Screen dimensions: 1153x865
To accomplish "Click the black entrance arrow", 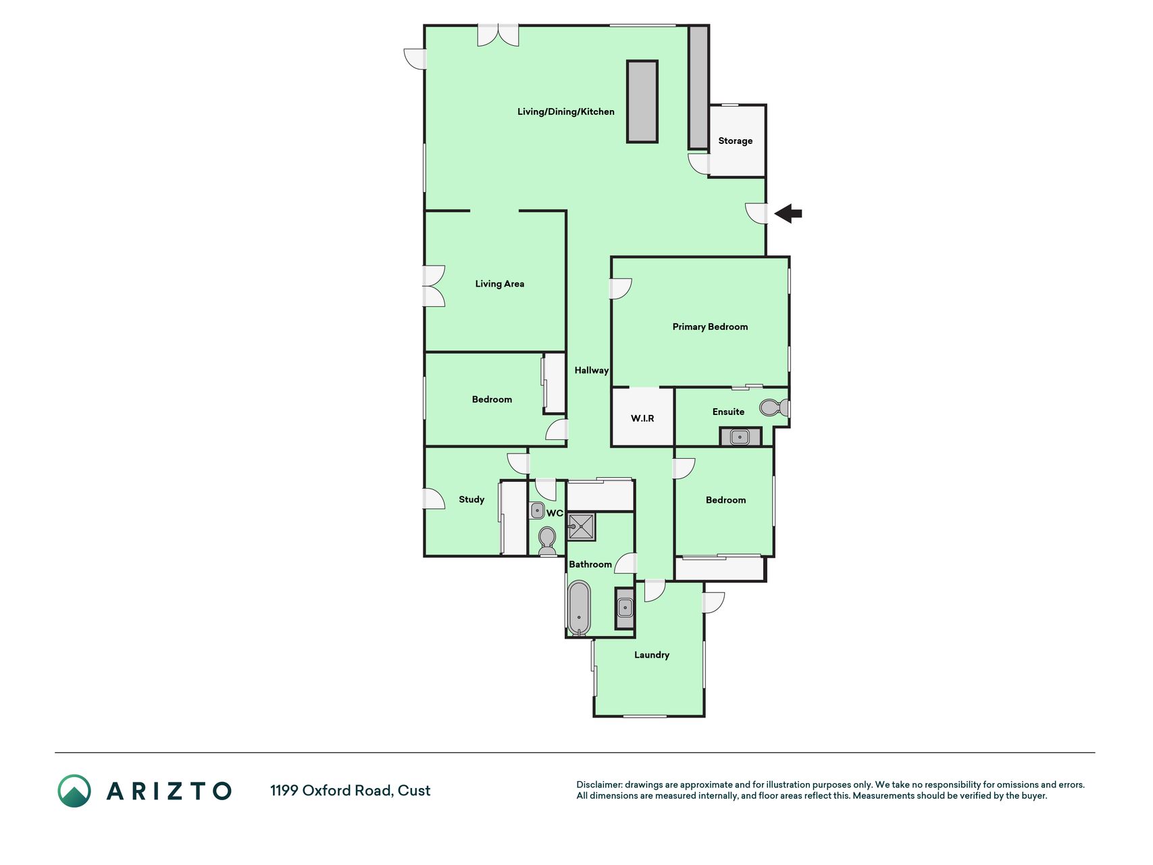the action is click(788, 214).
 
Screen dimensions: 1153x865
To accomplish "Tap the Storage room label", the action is click(735, 141).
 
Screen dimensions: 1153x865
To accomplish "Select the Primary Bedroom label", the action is click(710, 326).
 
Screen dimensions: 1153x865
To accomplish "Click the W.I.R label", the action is click(642, 418).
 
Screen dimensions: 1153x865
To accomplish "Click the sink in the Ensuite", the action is click(740, 437).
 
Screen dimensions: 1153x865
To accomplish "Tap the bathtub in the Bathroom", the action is click(579, 608).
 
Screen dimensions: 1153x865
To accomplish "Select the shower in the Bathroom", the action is click(581, 526).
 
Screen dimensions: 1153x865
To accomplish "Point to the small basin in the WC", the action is click(537, 510).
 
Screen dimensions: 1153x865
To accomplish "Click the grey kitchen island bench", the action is click(642, 101).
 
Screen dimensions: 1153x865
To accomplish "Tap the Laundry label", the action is click(652, 655).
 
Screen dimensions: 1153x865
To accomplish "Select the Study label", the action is click(471, 499).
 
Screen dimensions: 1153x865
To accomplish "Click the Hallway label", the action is click(592, 370).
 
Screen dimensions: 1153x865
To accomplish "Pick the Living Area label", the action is click(500, 284).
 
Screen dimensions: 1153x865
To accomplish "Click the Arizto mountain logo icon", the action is click(74, 791).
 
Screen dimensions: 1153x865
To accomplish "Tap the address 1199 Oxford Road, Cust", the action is click(350, 791).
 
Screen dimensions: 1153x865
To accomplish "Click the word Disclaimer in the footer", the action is click(599, 785).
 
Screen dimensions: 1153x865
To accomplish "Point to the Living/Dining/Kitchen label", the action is click(566, 112).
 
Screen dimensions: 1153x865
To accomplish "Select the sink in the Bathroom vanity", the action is click(625, 608).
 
